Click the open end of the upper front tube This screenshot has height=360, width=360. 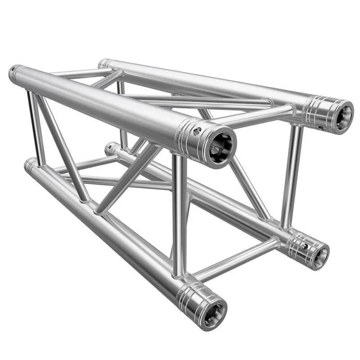click(x=221, y=146)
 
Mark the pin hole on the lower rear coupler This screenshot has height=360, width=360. click(x=305, y=246)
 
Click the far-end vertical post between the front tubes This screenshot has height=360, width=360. click(x=35, y=126)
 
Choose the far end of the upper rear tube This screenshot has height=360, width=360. click(x=104, y=63)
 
